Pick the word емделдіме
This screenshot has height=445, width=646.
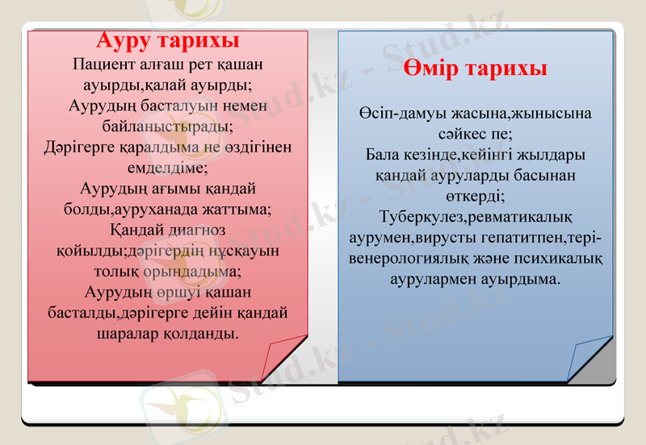point(167,168)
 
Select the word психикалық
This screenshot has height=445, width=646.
point(563,260)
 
